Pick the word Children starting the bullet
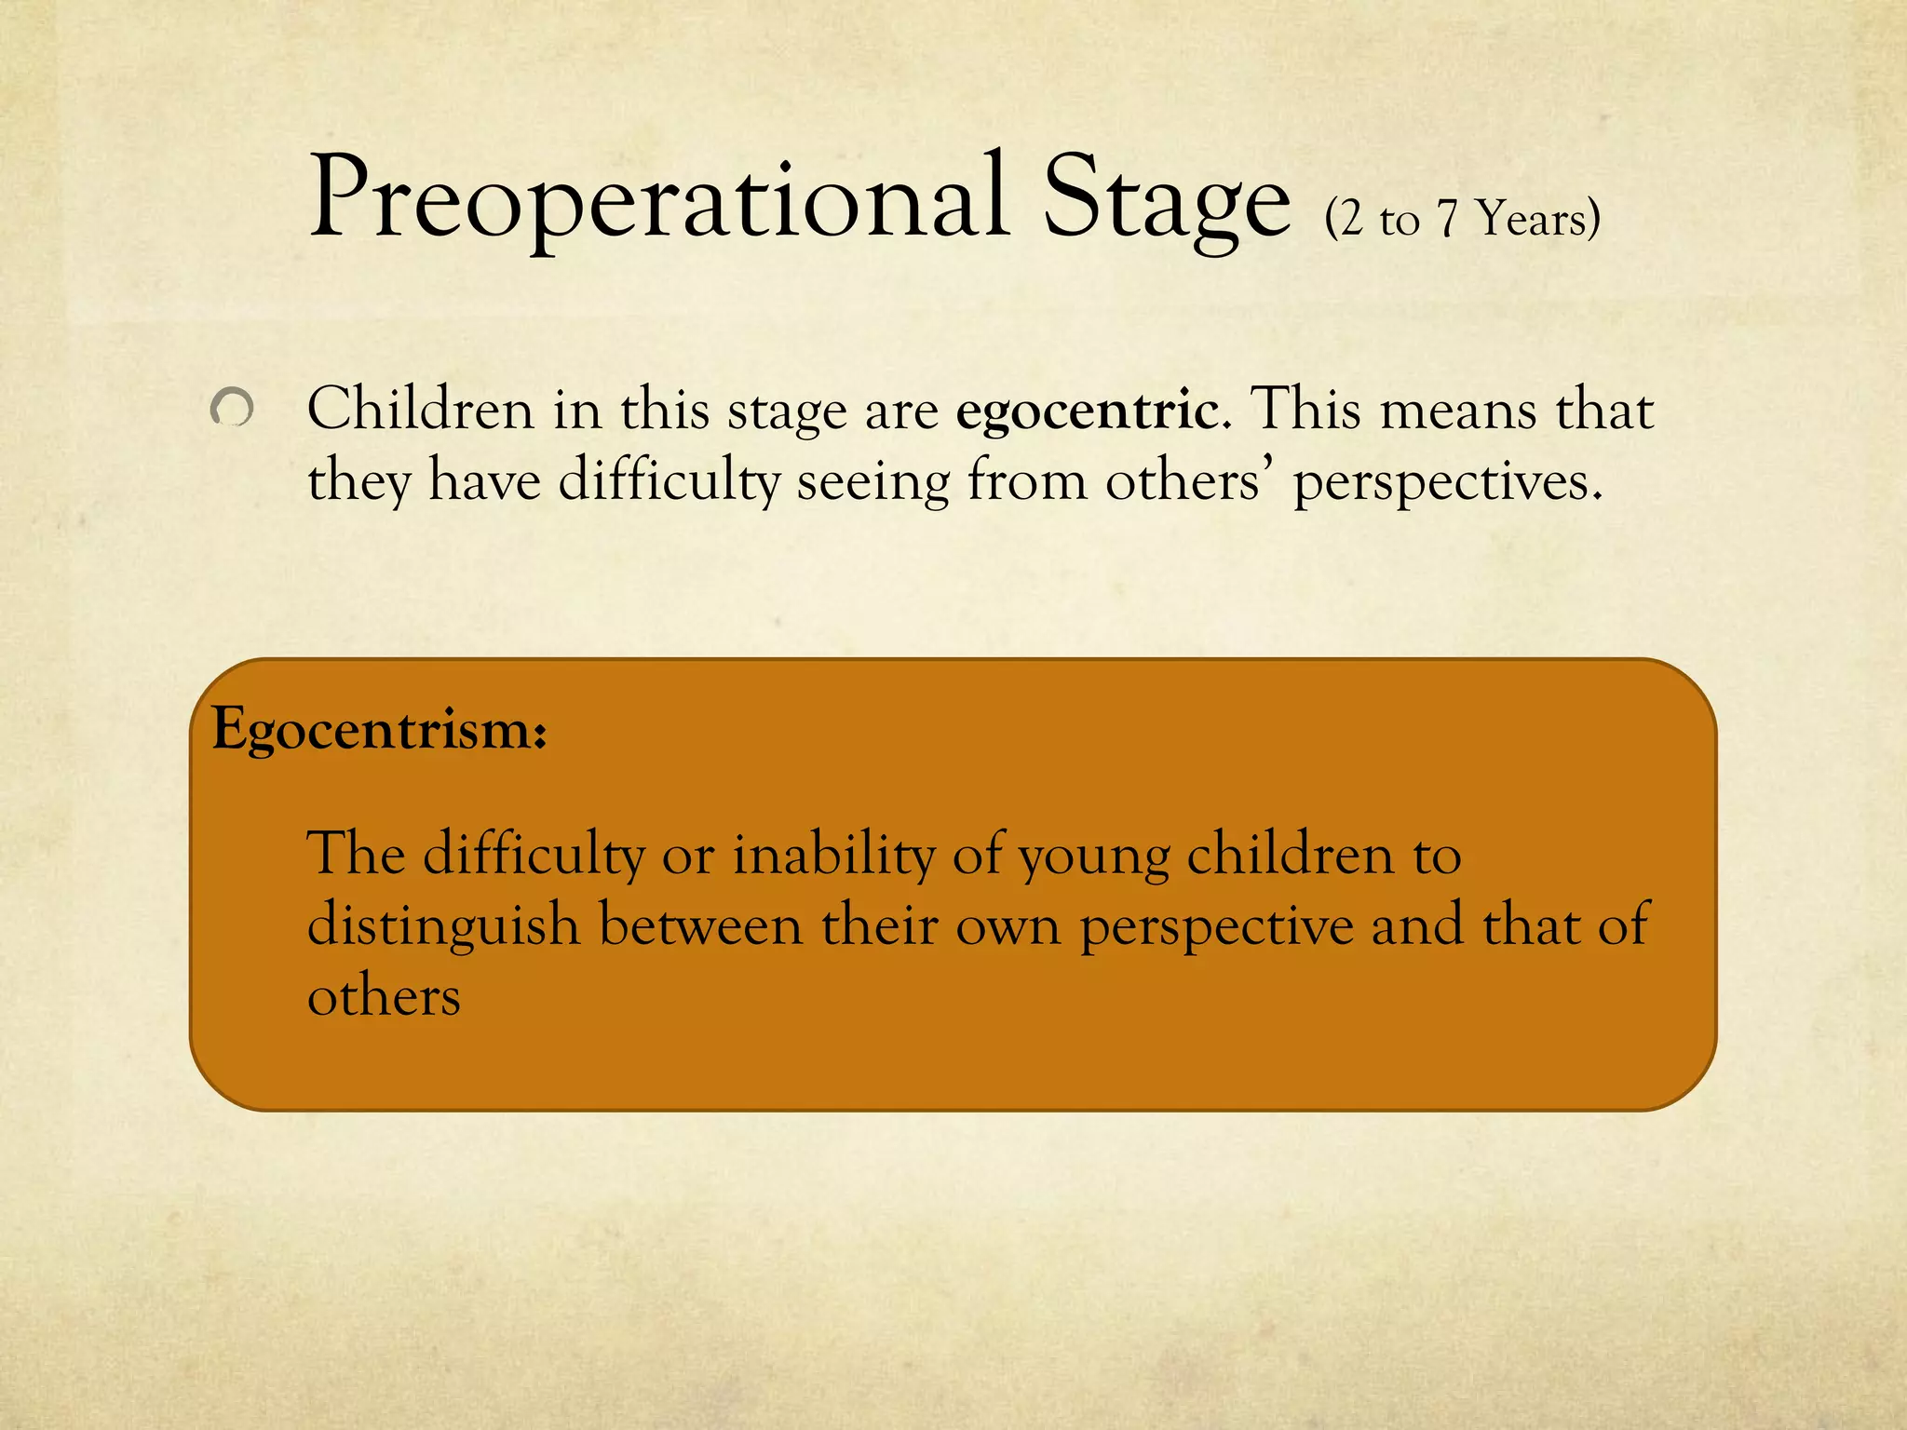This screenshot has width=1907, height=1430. (x=421, y=409)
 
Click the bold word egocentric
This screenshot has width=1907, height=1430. (x=1087, y=411)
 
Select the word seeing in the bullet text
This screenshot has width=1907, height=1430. (x=872, y=483)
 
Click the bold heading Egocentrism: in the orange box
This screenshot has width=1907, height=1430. (x=379, y=729)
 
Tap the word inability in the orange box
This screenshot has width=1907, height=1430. (x=833, y=854)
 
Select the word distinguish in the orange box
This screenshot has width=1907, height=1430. (x=443, y=926)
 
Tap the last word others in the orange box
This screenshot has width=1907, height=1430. (x=384, y=997)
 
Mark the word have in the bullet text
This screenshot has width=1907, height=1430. (x=484, y=481)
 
